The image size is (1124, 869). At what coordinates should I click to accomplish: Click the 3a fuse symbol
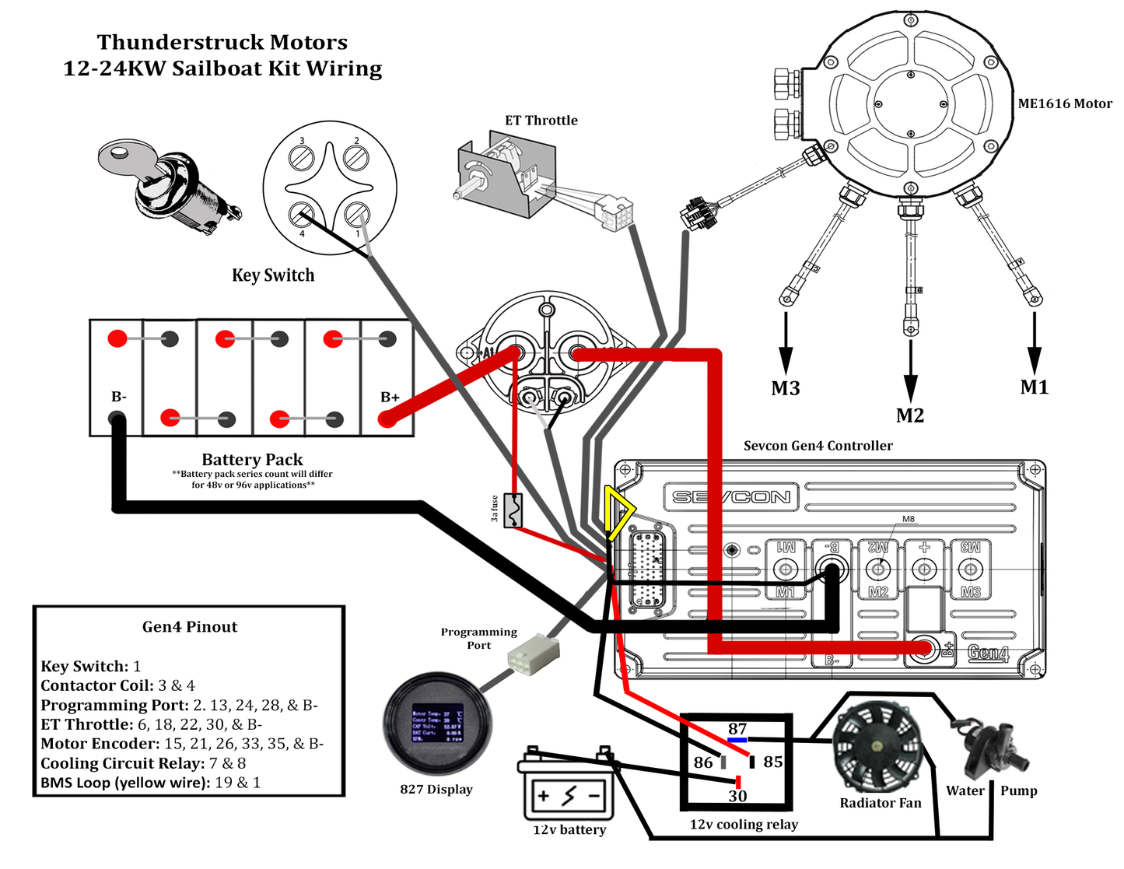point(513,511)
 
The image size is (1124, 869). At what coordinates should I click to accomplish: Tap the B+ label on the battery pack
point(390,397)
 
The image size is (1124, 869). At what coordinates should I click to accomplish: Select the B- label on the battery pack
point(119,397)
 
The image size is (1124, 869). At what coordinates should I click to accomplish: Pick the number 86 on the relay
point(703,762)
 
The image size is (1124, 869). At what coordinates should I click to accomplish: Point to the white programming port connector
point(533,653)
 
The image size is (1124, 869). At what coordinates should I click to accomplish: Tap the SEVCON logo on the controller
point(730,496)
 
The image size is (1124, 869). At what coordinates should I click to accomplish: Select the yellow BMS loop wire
point(618,514)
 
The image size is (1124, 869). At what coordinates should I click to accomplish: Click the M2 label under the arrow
point(910,415)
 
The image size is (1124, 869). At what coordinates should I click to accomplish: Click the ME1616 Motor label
point(1064,103)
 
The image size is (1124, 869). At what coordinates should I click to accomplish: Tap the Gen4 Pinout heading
point(190,627)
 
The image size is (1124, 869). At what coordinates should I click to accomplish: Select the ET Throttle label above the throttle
point(541,121)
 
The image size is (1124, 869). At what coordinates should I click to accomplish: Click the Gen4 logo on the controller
point(988,653)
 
